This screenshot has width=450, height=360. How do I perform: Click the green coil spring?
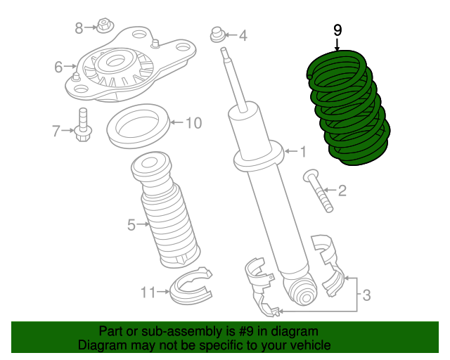347,112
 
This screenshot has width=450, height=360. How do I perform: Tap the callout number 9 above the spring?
337,30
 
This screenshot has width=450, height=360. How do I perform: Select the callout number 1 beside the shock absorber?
303,151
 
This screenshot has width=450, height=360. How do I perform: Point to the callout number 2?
342,191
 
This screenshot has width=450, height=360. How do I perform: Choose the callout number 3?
366,296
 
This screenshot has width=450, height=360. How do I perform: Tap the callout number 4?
243,35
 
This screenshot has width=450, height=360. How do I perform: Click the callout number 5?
131,225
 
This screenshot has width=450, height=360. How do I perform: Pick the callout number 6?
58,67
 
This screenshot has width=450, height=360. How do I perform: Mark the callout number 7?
56,130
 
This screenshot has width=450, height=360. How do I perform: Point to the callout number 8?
79,27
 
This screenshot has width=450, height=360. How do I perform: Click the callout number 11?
147,291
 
